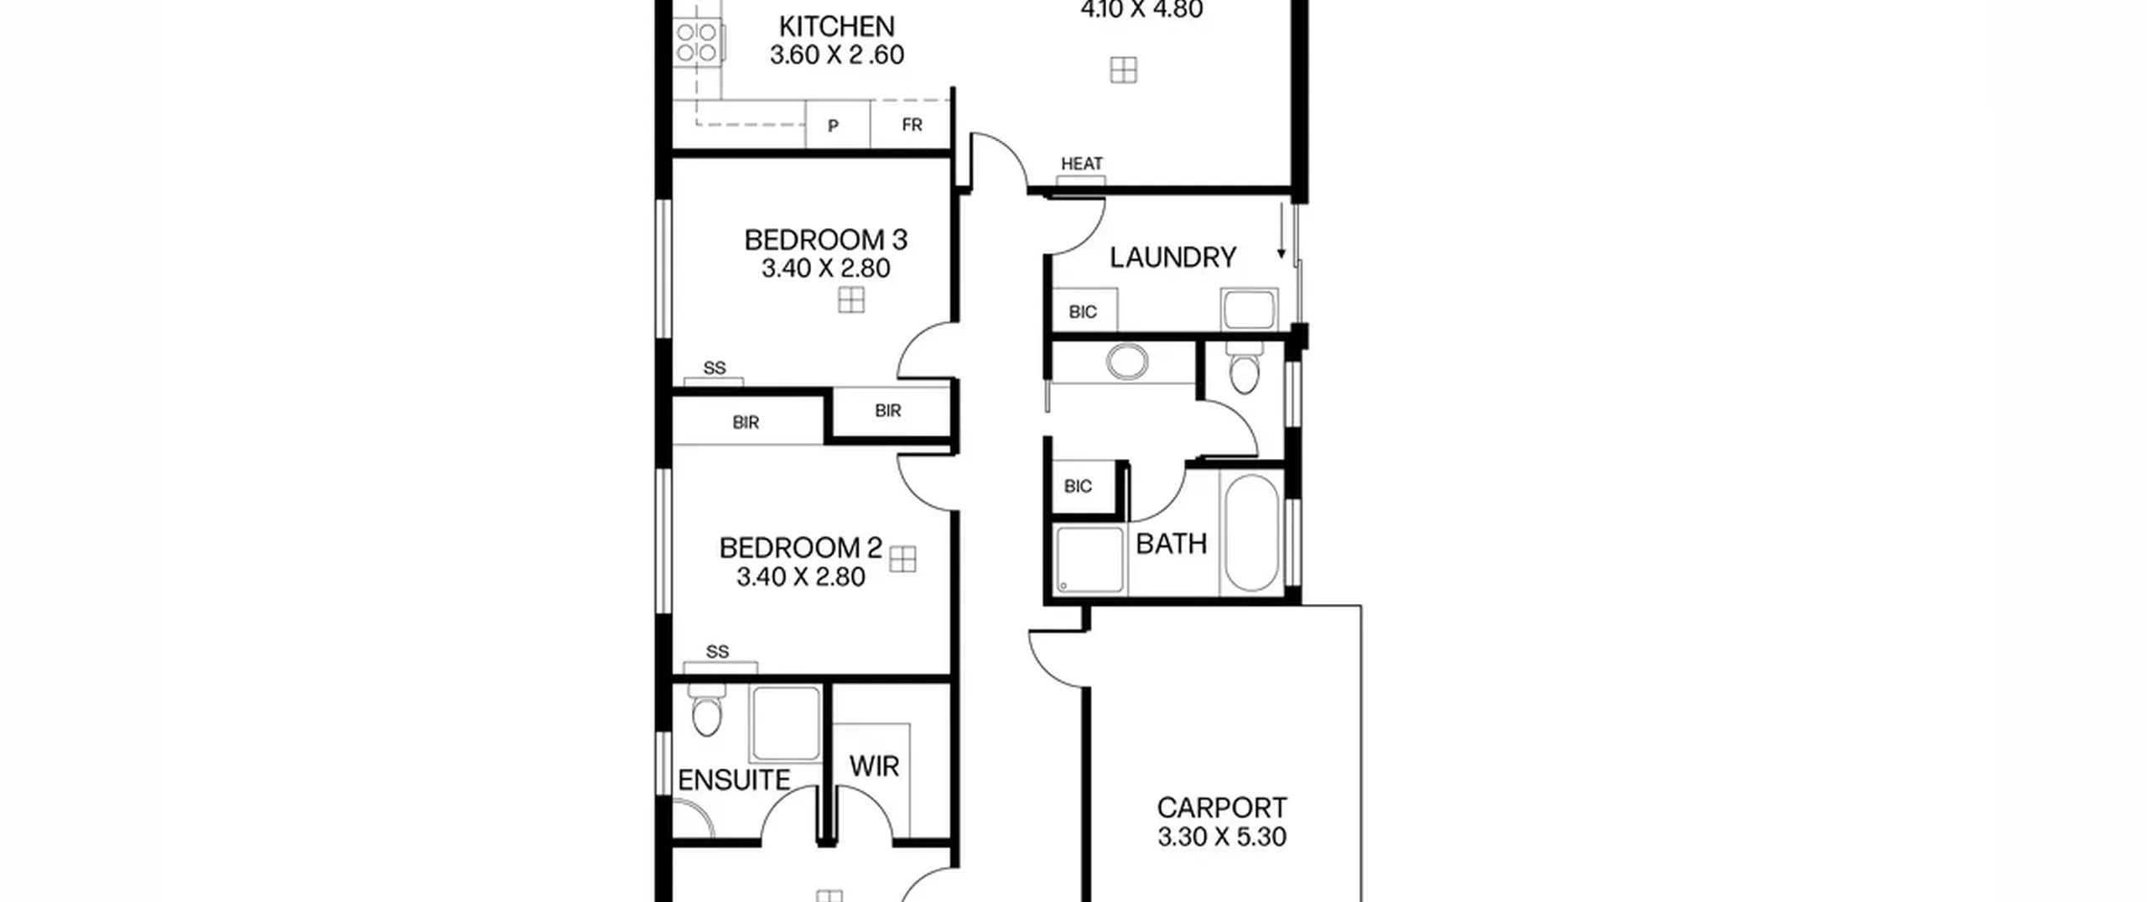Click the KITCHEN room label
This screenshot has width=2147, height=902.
click(836, 27)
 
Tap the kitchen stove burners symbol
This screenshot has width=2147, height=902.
click(697, 43)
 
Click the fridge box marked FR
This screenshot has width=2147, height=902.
click(912, 125)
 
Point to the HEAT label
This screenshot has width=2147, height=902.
click(1082, 164)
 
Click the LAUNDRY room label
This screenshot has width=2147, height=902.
click(1172, 258)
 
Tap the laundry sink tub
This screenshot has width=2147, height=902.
click(1250, 310)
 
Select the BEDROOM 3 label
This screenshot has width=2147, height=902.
click(826, 241)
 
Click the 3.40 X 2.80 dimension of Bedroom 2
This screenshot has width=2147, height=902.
click(801, 577)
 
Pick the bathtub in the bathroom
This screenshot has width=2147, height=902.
click(1252, 534)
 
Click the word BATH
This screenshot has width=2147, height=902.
click(1172, 544)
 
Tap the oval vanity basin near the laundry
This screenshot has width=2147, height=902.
click(1127, 362)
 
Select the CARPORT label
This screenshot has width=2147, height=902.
click(1222, 808)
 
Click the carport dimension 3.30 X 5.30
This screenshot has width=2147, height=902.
click(1222, 837)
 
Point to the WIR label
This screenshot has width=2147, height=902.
click(874, 766)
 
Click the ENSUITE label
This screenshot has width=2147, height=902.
click(734, 780)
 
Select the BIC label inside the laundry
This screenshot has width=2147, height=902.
click(1083, 312)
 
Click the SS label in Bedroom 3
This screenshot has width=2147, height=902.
click(715, 368)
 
